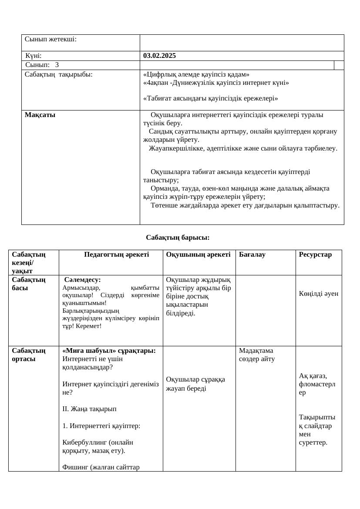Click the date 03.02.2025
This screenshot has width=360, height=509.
[x=159, y=56]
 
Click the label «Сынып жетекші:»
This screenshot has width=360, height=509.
[x=50, y=39]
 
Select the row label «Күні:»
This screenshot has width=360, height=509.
[x=34, y=56]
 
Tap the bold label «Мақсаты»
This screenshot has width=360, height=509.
[x=40, y=115]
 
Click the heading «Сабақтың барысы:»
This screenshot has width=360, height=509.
[x=178, y=238]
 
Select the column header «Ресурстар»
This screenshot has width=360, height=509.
[x=315, y=254]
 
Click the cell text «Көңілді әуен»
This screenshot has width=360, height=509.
[x=319, y=294]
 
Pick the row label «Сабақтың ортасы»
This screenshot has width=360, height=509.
[x=29, y=355]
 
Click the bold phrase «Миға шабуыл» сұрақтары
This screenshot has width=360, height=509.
[x=109, y=351]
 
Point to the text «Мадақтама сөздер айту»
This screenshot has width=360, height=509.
[x=257, y=355]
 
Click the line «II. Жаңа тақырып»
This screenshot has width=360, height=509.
[x=89, y=409]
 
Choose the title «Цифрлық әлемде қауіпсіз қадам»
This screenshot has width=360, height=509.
[x=196, y=74]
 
